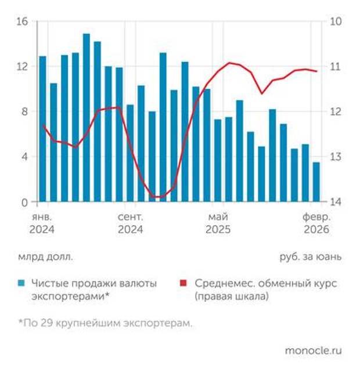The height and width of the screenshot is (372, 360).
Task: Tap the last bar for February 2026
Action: point(316,182)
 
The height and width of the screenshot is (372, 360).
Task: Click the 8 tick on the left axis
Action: point(25,111)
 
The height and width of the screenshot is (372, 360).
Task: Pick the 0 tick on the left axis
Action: point(25,202)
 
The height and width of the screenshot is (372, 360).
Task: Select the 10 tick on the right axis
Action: point(336,21)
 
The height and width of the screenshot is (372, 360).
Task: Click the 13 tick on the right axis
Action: point(336,157)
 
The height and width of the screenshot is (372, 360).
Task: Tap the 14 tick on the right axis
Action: point(336,202)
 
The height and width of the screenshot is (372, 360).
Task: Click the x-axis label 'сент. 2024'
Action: point(130,223)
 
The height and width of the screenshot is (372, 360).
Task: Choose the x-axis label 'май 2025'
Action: point(218,223)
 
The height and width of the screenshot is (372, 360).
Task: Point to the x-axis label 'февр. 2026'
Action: point(316,223)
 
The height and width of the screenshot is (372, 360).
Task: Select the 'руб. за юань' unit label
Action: point(311,255)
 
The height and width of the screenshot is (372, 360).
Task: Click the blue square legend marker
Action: point(21,284)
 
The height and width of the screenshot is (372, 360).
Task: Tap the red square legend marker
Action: point(184,284)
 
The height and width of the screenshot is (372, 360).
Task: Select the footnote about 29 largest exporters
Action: point(105,323)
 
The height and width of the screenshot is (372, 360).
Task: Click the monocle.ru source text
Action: point(313,351)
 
